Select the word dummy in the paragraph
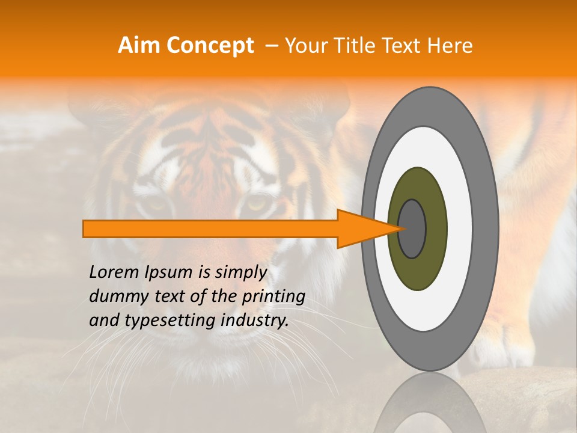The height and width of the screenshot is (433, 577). (x=113, y=296)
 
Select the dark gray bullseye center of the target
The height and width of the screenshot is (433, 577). (x=412, y=229)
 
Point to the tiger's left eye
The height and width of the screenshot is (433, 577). (x=157, y=204)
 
